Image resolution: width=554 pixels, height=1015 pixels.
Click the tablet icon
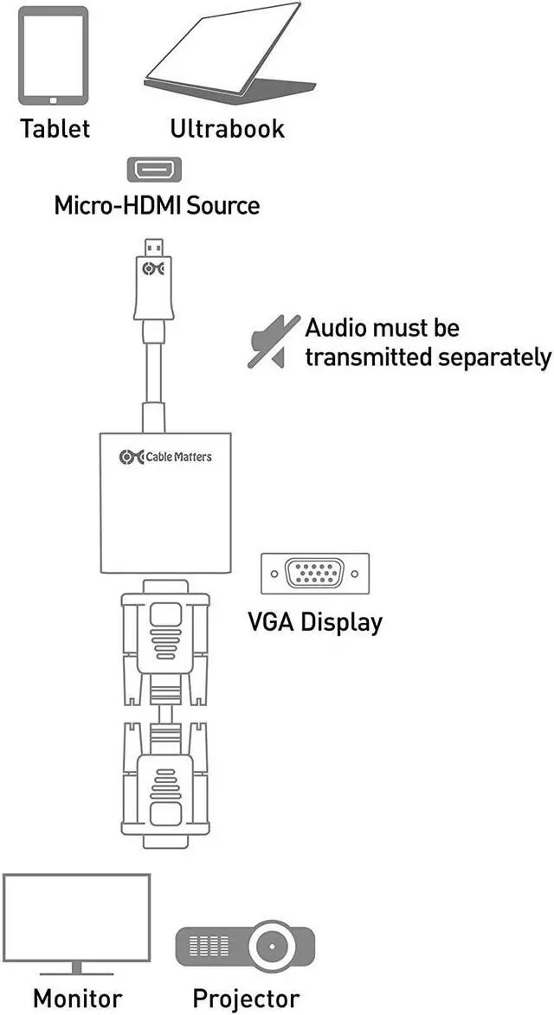(54, 55)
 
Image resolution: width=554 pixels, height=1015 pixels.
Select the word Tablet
(55, 129)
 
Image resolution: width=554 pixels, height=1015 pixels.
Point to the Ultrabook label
(227, 129)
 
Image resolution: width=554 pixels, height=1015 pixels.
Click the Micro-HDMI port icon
(155, 170)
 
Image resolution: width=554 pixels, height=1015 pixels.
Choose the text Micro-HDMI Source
(157, 206)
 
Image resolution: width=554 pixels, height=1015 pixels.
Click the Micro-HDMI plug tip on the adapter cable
(153, 247)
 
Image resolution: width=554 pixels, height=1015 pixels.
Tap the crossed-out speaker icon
(273, 342)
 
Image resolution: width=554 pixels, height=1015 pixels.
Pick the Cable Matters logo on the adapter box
(165, 456)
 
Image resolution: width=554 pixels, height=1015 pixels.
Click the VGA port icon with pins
(314, 574)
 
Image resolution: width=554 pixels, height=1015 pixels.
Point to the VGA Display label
(314, 621)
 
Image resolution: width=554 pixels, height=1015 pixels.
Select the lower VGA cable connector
(164, 783)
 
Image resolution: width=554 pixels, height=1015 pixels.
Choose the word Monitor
(78, 998)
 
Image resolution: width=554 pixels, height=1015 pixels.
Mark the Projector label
(246, 998)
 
